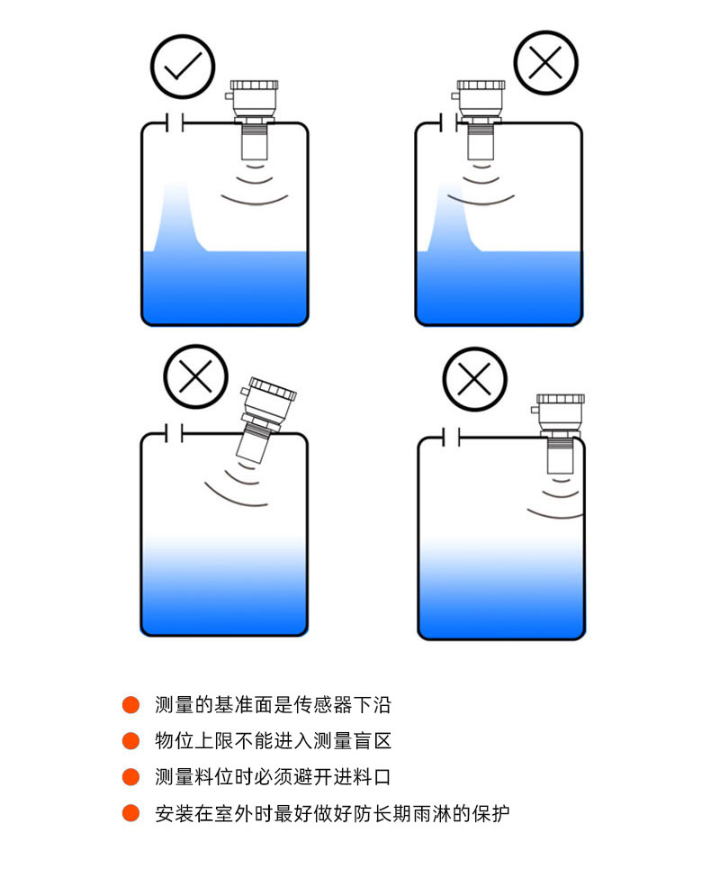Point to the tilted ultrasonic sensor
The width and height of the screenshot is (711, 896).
click(265, 418)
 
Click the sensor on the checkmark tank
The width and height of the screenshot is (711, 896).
click(253, 120)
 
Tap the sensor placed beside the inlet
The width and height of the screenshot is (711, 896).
click(480, 120)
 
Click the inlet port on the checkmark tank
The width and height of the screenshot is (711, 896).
click(175, 122)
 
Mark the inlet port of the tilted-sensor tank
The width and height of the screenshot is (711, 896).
click(175, 433)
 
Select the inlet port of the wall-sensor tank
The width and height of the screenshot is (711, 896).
click(451, 437)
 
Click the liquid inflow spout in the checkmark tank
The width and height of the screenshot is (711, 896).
click(178, 218)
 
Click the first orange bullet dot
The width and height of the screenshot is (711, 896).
click(130, 704)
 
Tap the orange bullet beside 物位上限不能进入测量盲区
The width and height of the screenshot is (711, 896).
click(130, 740)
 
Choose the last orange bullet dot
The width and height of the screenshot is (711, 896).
click(130, 812)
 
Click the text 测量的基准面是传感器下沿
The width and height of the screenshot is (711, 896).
click(273, 704)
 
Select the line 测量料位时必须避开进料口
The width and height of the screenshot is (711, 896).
click(273, 776)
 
